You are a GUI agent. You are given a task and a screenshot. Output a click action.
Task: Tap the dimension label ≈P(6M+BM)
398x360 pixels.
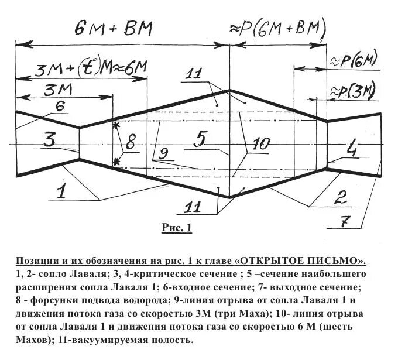click(277, 28)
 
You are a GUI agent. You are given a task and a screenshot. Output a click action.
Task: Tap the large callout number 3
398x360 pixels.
click(50, 140)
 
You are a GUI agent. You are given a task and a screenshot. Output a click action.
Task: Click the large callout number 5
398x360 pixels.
click(200, 139)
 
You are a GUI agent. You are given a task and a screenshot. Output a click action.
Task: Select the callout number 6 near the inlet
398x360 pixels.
click(60, 105)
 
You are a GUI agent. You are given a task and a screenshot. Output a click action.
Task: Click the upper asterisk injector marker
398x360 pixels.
click(115, 125)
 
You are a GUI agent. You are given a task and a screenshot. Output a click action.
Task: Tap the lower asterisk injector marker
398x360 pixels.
click(116, 162)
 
